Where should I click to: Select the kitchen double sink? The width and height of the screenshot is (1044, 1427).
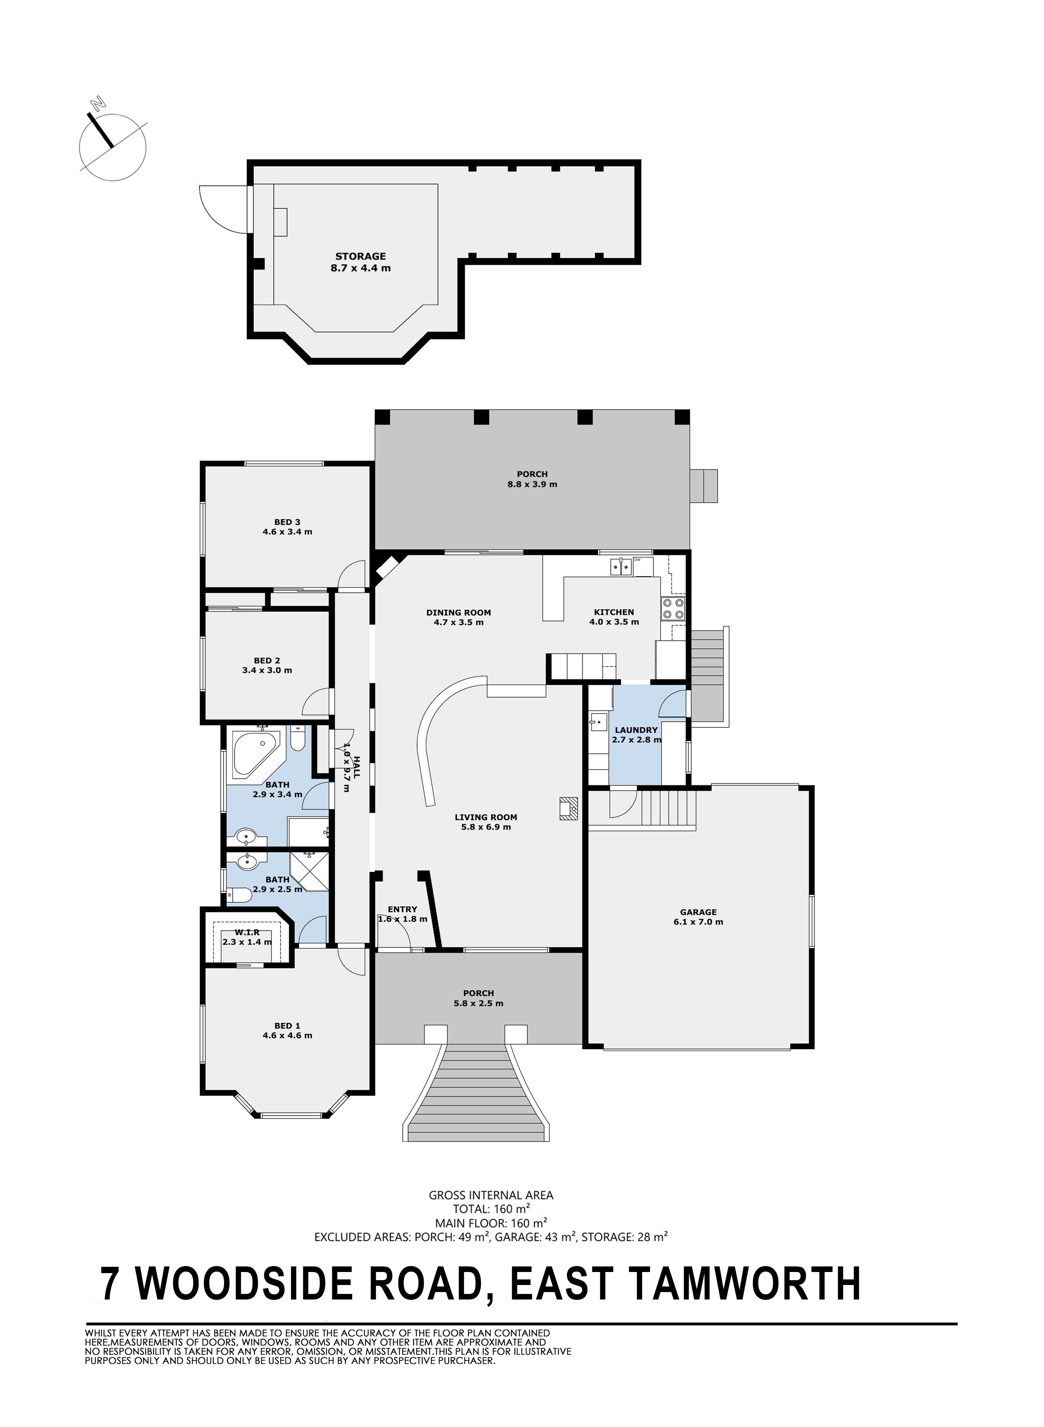pyautogui.click(x=621, y=567)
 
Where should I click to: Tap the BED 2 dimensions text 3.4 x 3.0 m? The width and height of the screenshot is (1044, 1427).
pyautogui.click(x=267, y=671)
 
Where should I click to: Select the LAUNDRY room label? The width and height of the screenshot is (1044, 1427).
pyautogui.click(x=636, y=730)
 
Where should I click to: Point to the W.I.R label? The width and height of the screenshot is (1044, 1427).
pyautogui.click(x=247, y=932)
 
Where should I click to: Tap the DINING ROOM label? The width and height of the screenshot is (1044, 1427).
pyautogui.click(x=458, y=612)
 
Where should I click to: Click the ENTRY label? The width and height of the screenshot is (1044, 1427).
pyautogui.click(x=403, y=910)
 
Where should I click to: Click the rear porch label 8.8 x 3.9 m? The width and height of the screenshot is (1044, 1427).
pyautogui.click(x=532, y=485)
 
